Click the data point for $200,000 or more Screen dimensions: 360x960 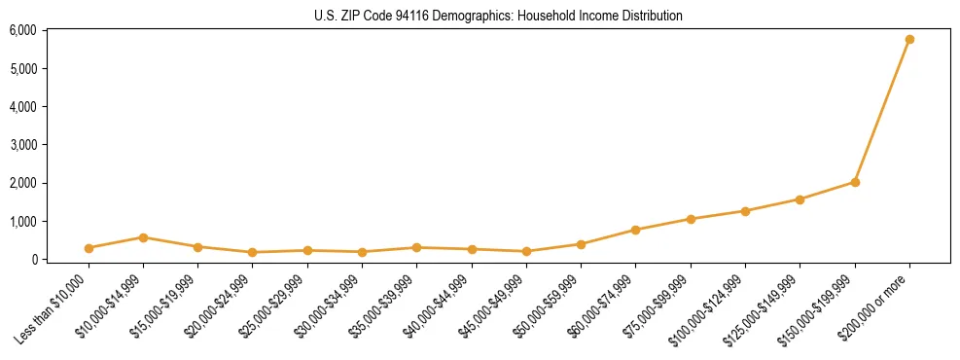pos(909,39)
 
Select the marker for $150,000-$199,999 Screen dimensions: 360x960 pos(855,182)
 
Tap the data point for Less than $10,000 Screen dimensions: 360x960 pos(89,248)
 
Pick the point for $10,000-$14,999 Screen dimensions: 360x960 pos(143,237)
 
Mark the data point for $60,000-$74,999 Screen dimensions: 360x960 pos(635,230)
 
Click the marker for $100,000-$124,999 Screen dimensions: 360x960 pos(745,211)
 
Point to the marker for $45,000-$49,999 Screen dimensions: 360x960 pos(526,251)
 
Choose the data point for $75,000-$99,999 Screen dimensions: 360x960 pos(691,219)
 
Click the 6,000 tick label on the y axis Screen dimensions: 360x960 pos(22,30)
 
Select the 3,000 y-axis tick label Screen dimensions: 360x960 pos(22,145)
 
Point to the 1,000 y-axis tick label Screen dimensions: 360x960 pos(22,222)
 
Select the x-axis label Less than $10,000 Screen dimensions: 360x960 pos(57,306)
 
